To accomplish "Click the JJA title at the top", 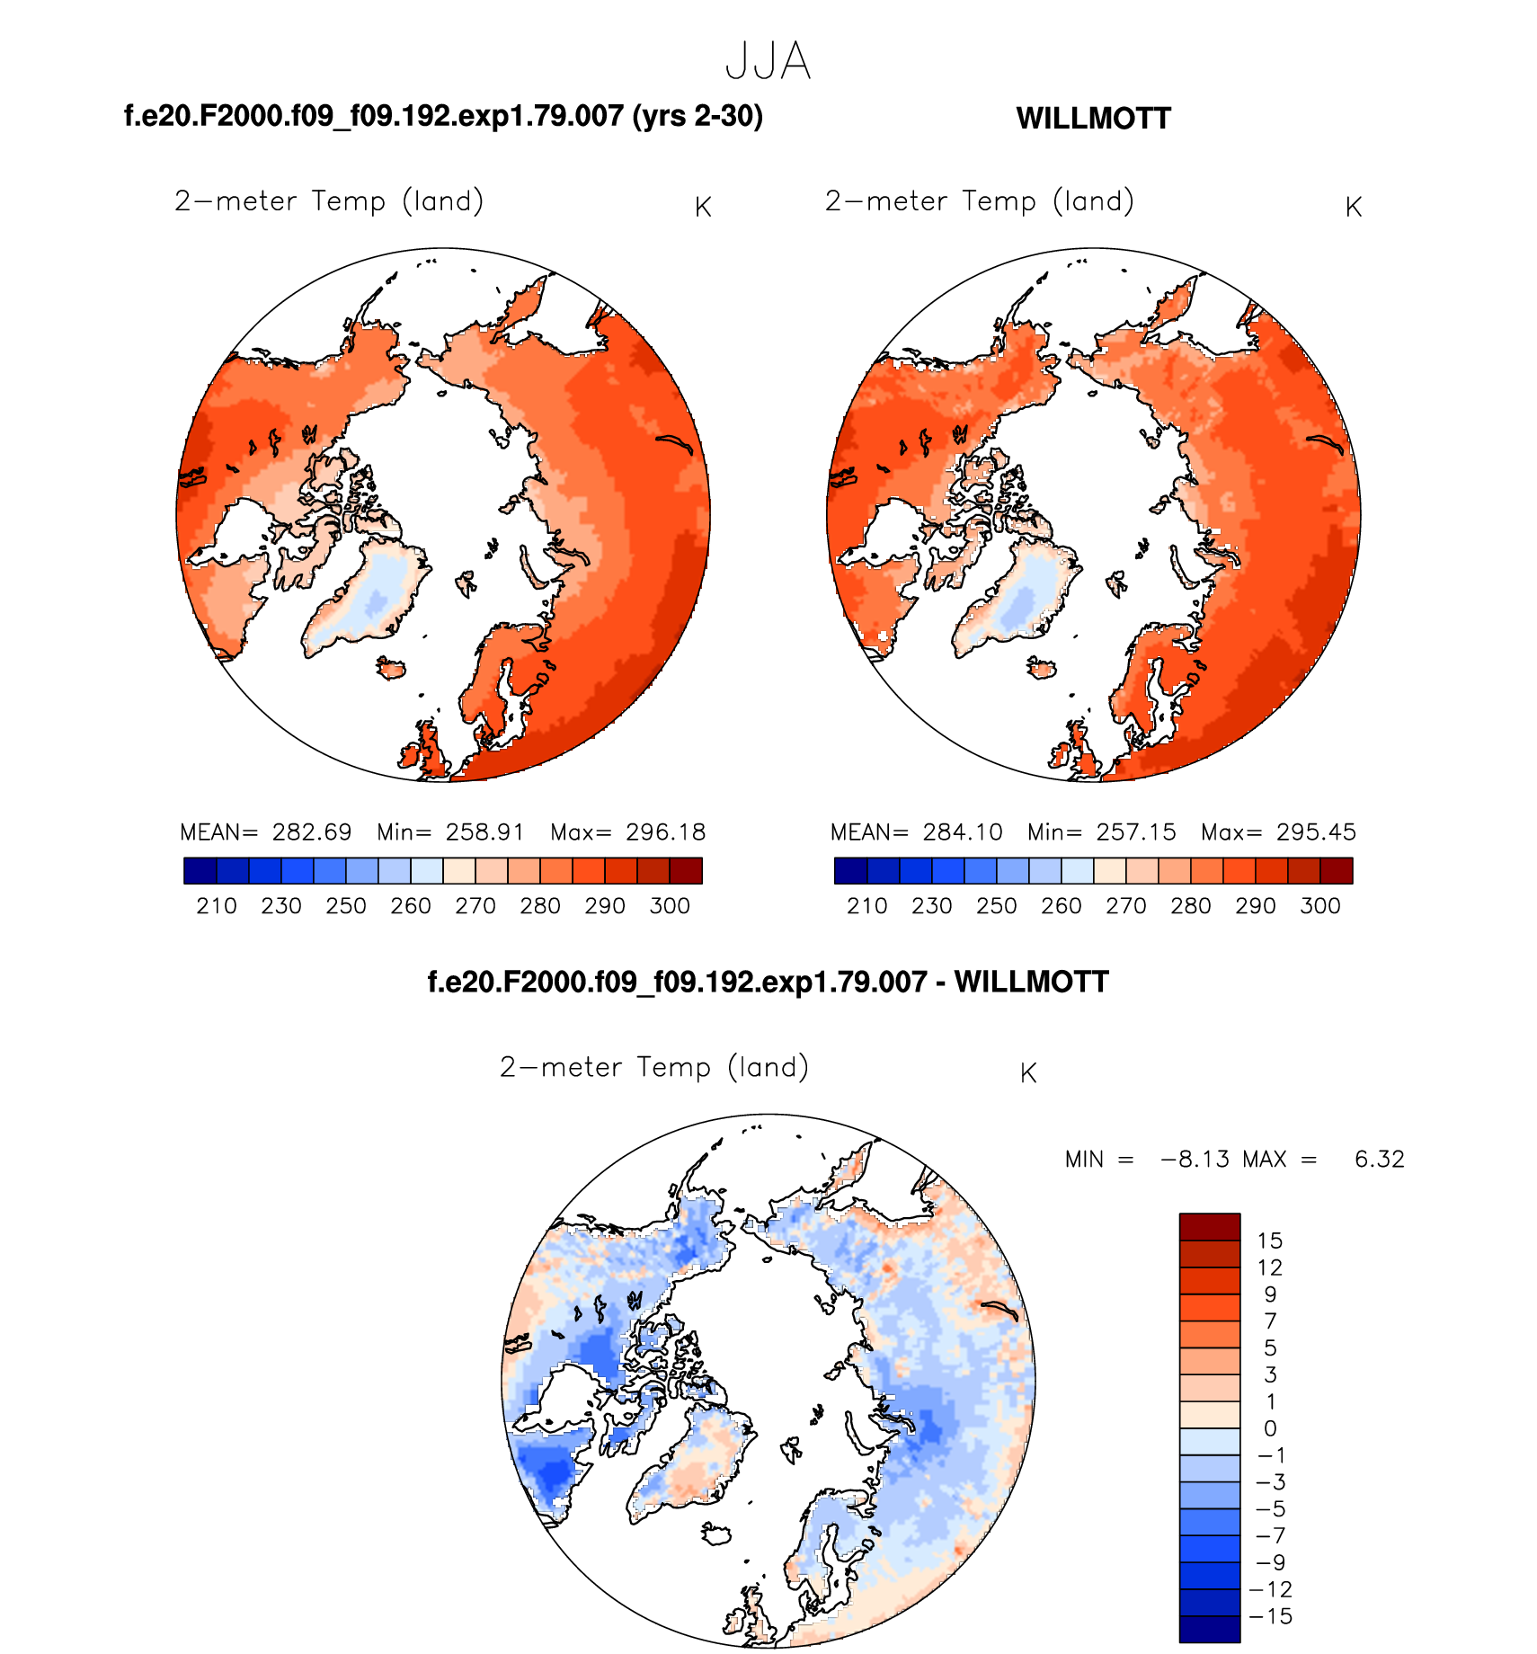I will [768, 62].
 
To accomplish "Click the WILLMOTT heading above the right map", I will [1093, 119].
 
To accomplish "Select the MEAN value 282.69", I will [312, 831].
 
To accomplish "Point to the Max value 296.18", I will [666, 831].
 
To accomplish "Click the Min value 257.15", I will [1136, 831].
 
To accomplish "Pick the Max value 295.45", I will [1316, 831].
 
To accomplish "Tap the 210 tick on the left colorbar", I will [217, 905].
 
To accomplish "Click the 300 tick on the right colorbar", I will [1320, 905].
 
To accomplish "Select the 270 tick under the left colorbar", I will [475, 905].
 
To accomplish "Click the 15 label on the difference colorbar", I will [1269, 1240].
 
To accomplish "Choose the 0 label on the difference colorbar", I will [1270, 1428].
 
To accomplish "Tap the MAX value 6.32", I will [1379, 1159].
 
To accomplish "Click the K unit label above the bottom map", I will [1029, 1073].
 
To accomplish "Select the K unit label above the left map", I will [703, 208].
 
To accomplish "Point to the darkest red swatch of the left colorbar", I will [686, 870].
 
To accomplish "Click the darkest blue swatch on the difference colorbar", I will [1209, 1629].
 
